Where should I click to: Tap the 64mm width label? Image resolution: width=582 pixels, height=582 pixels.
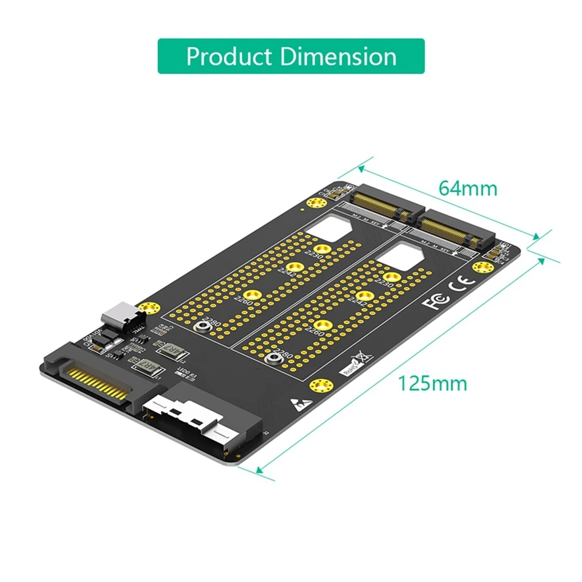coord(468,188)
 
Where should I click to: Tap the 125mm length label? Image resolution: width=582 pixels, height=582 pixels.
coord(432,383)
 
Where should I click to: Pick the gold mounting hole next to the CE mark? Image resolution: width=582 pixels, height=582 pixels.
coord(480,268)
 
